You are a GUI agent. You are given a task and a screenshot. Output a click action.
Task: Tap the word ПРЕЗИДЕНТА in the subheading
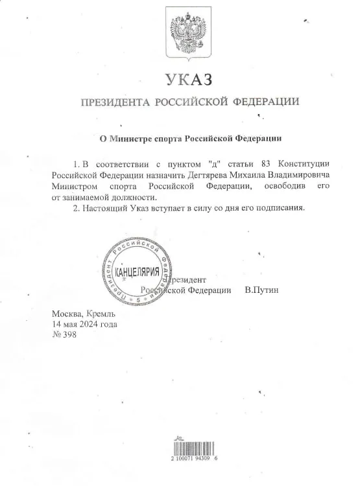click(x=115, y=103)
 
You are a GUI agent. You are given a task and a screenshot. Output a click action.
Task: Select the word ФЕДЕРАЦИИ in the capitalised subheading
click(x=265, y=103)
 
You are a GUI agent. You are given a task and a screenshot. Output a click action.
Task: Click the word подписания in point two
click(x=283, y=209)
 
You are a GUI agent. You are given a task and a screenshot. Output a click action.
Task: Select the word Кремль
click(x=101, y=314)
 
